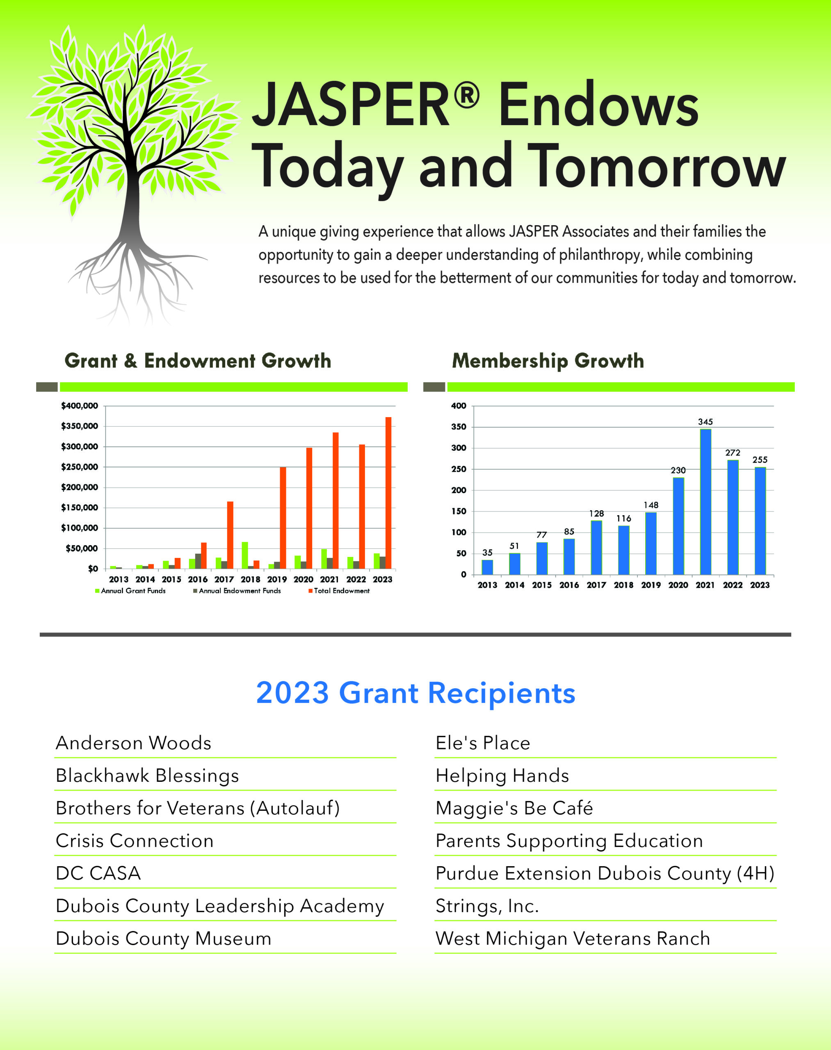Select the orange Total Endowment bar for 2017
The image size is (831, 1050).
(x=230, y=535)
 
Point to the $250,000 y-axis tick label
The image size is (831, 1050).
(x=79, y=467)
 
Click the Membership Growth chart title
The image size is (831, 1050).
(x=548, y=361)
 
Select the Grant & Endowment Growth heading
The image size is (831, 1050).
(x=198, y=361)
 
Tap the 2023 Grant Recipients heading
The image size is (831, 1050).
(x=415, y=692)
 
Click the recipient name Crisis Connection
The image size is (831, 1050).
(x=134, y=841)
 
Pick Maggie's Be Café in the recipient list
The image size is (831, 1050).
(x=514, y=808)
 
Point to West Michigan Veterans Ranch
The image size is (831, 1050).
(x=573, y=938)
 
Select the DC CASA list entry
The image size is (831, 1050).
(x=98, y=873)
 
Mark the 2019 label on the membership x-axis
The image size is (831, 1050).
(x=651, y=585)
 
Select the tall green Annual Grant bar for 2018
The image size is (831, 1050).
(x=245, y=555)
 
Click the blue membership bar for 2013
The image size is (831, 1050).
(x=487, y=567)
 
